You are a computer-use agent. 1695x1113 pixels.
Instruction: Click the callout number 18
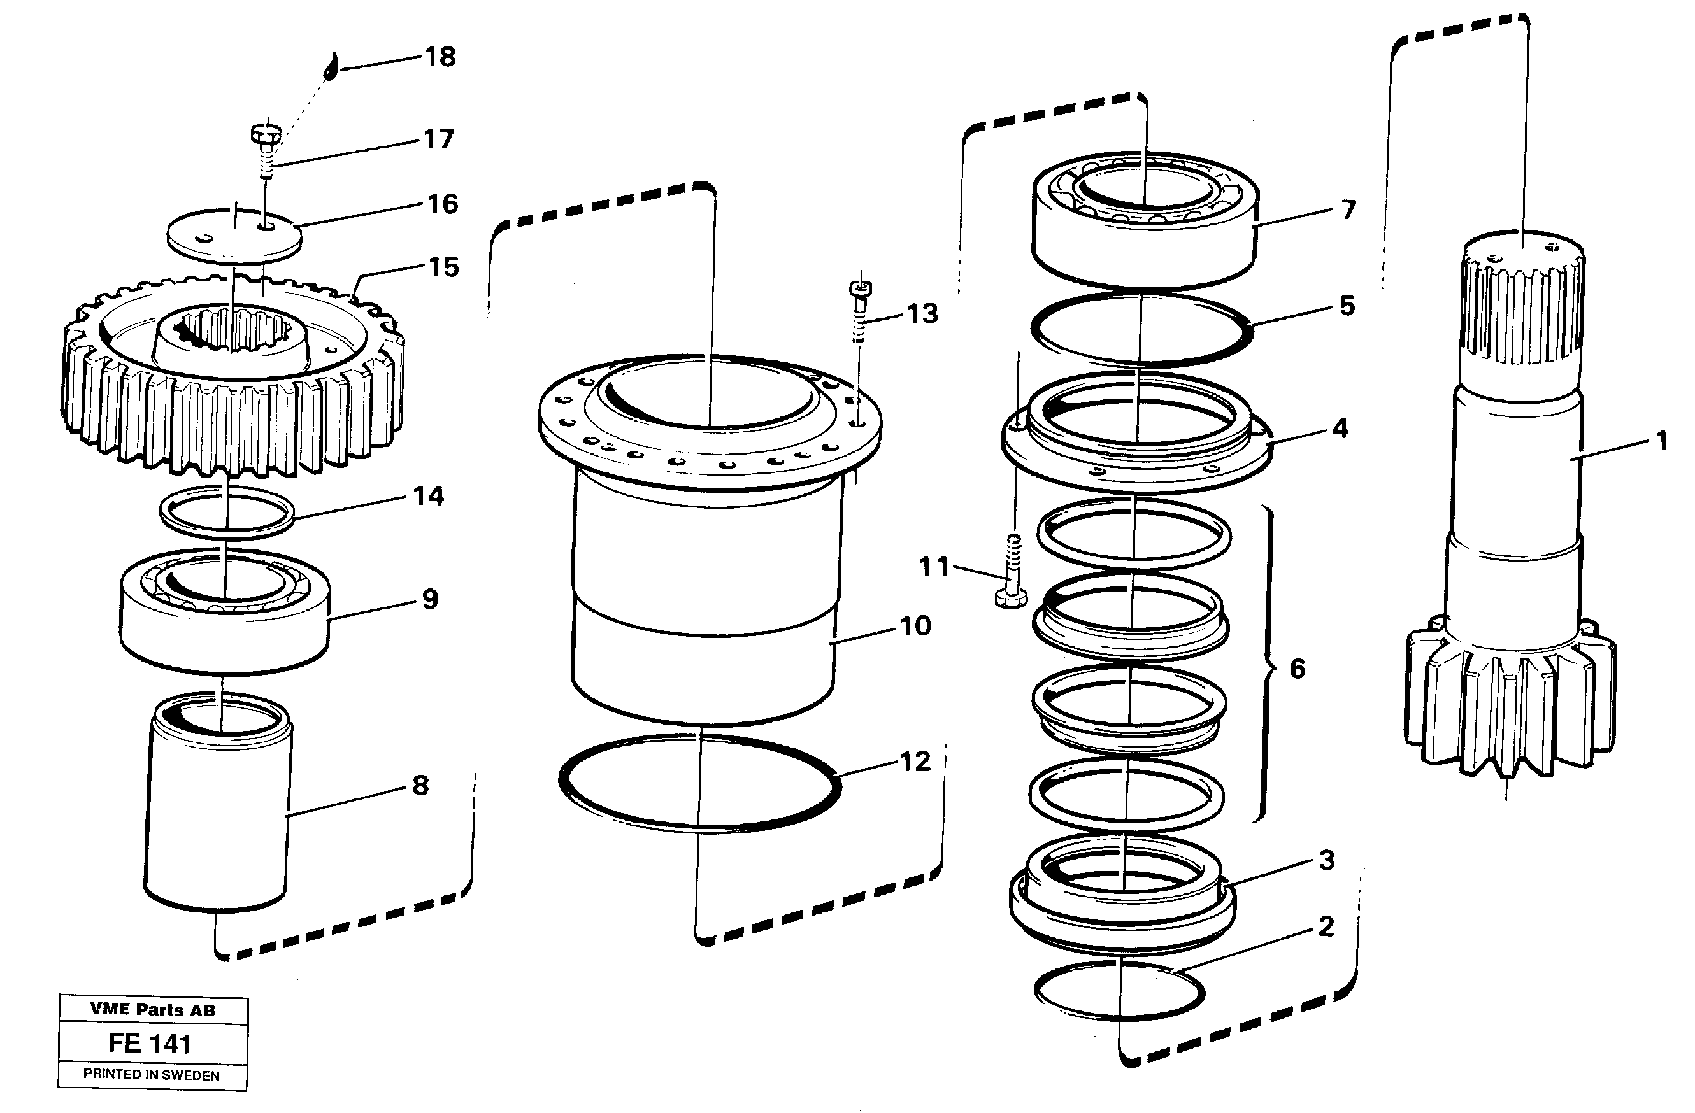440,57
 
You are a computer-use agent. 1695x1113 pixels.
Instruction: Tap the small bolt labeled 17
266,150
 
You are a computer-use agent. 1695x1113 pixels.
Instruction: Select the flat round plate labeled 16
234,236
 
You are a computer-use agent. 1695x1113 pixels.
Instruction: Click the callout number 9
430,599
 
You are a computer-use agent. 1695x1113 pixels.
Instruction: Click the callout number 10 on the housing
916,626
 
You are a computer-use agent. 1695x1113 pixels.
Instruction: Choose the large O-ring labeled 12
700,783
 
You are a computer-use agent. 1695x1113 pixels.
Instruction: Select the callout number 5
1346,306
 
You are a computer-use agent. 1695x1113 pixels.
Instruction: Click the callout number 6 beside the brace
1298,668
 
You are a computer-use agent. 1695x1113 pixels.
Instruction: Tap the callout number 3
1326,860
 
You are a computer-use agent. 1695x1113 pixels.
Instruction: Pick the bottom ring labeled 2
1118,991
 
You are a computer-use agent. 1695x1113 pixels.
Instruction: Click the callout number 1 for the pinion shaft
1661,441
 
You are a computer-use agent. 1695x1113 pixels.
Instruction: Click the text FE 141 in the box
150,1044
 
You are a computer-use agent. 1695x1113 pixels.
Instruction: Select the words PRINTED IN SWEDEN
152,1075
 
